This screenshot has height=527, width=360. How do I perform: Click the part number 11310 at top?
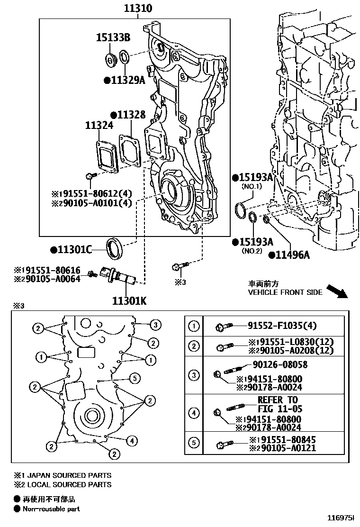[x=138, y=9]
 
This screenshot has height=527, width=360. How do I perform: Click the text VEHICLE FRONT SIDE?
[x=285, y=292]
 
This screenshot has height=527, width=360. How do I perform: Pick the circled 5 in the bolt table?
[x=194, y=443]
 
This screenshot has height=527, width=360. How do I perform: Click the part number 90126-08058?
[x=279, y=364]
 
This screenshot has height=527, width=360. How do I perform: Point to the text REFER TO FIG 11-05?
[x=278, y=404]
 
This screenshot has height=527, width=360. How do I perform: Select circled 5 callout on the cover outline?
[x=135, y=378]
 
